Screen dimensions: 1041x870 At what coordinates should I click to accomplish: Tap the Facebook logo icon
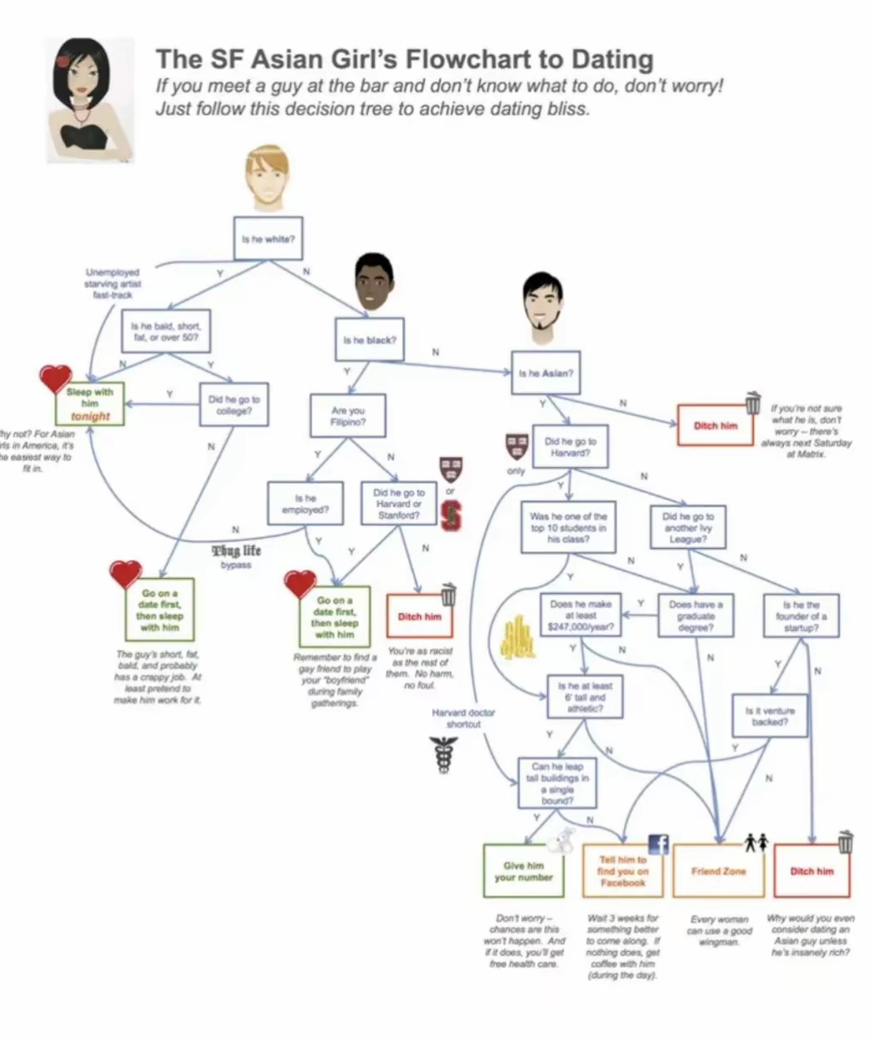click(x=659, y=844)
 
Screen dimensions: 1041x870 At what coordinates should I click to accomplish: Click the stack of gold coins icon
click(x=518, y=639)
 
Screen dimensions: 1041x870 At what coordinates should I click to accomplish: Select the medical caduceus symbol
click(x=447, y=754)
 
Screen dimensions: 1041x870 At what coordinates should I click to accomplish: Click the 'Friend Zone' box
click(x=718, y=871)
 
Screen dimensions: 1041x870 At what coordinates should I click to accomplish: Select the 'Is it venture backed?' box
click(x=770, y=716)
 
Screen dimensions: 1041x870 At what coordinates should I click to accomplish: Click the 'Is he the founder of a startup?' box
click(x=801, y=616)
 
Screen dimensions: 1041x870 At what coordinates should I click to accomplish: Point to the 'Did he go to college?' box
click(x=234, y=405)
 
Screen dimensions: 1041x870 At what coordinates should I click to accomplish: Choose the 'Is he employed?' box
click(x=305, y=503)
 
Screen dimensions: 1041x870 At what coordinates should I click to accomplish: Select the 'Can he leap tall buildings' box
click(x=557, y=783)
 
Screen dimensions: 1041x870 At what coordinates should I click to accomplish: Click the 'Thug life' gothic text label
click(x=236, y=550)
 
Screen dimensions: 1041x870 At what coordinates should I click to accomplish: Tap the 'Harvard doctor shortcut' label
click(x=463, y=718)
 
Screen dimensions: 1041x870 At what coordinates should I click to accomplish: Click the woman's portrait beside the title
click(x=90, y=100)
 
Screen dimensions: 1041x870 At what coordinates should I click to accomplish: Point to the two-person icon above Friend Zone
click(x=757, y=842)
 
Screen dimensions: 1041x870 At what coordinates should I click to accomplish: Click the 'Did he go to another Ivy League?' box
click(x=687, y=527)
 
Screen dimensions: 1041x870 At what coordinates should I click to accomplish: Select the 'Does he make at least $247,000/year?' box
click(x=581, y=615)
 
